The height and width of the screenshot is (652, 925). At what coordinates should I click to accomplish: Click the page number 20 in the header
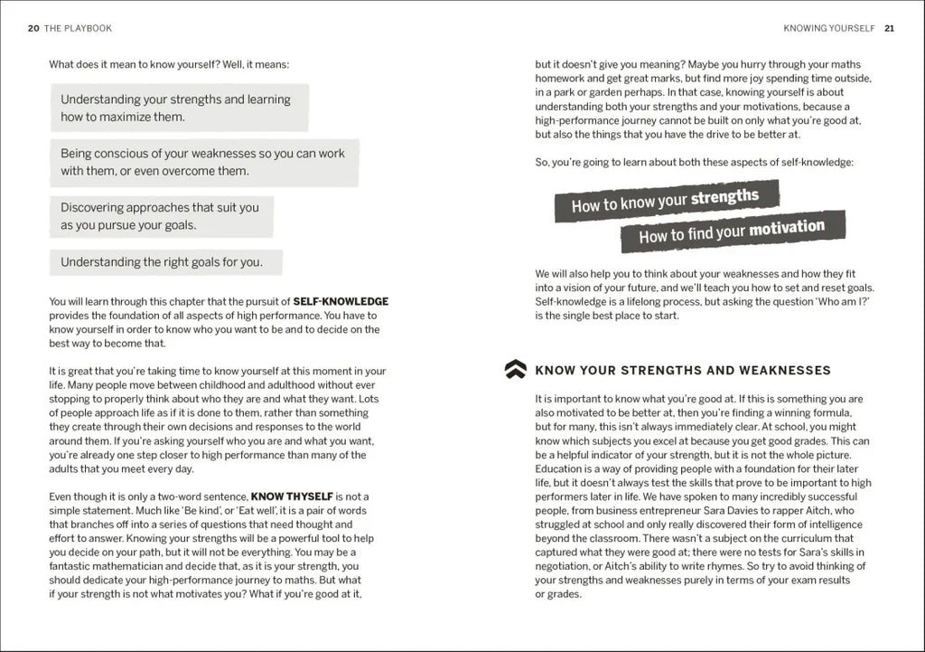pos(33,28)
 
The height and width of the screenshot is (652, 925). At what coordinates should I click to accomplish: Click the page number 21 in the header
pos(890,28)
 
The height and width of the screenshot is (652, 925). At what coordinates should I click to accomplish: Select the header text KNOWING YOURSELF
pos(829,28)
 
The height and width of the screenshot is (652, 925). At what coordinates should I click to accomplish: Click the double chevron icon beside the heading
pos(515,369)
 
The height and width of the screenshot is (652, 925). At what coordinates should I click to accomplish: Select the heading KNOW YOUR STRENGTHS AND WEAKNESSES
pos(683,370)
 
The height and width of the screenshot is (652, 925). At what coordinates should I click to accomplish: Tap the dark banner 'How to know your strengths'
pos(666,201)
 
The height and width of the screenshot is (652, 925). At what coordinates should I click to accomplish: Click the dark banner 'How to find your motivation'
pos(732,232)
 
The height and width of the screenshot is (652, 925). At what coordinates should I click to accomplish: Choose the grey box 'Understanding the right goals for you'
pos(165,262)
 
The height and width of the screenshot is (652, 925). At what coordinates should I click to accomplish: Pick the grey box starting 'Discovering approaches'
pos(162,216)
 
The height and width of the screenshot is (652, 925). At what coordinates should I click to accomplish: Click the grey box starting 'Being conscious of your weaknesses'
pos(203,162)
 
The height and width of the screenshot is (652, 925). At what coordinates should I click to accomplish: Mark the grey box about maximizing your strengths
pos(178,108)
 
